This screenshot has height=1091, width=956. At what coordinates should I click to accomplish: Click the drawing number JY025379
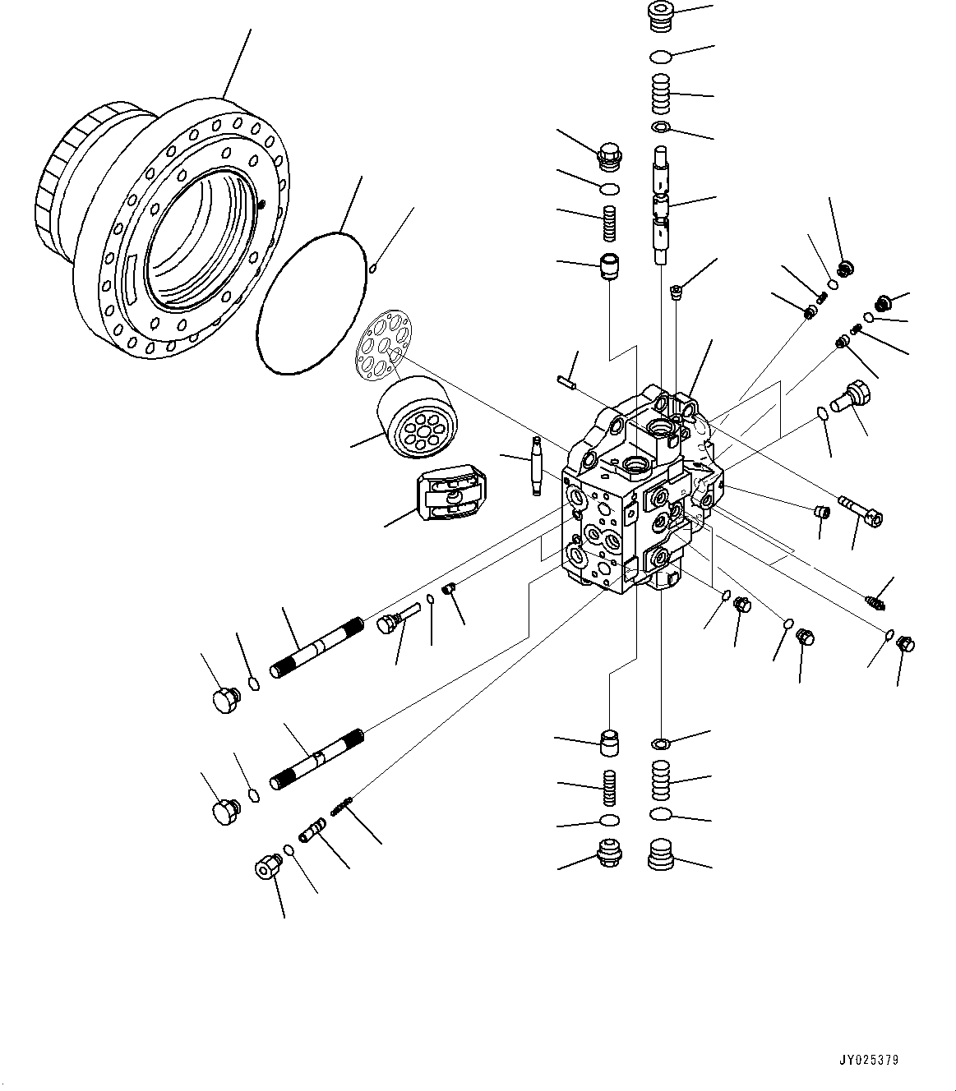tap(870, 1060)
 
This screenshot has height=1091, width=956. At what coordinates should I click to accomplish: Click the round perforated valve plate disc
tap(383, 346)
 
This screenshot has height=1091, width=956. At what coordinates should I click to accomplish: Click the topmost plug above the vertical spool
tap(660, 16)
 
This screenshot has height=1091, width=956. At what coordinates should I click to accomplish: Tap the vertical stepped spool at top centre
tap(663, 205)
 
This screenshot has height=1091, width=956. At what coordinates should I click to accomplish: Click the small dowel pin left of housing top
tap(565, 380)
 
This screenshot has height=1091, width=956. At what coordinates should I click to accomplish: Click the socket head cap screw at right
tap(860, 509)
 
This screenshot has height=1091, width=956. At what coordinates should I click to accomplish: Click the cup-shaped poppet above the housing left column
tap(609, 267)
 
